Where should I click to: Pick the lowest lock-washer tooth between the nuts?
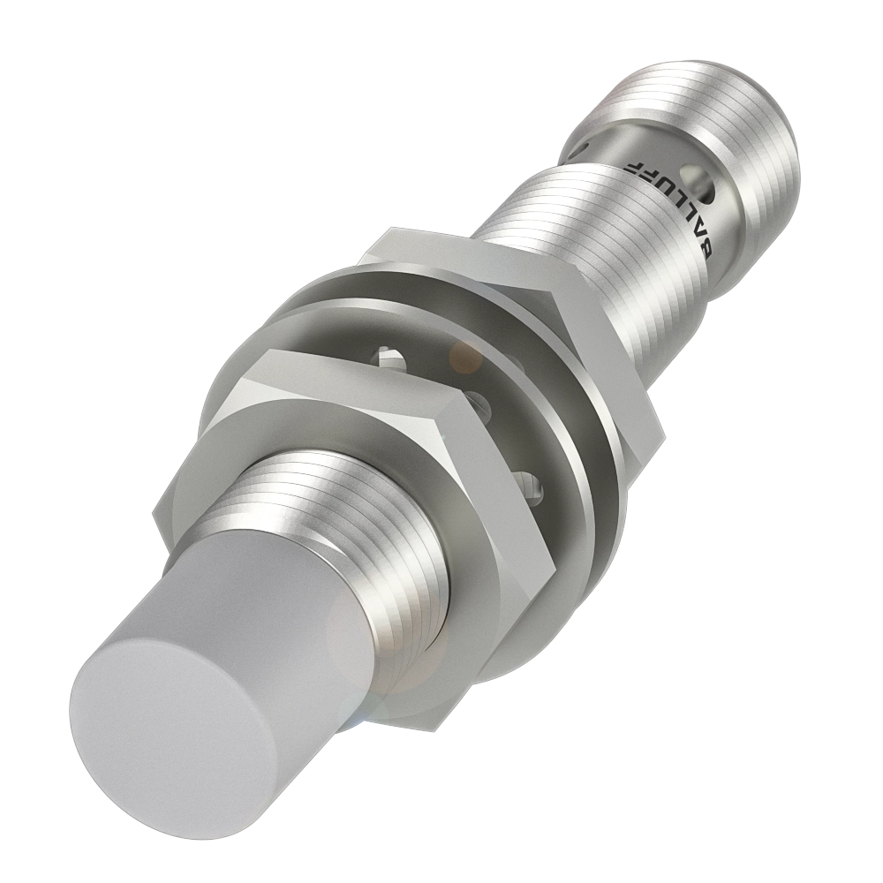[x=530, y=482]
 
